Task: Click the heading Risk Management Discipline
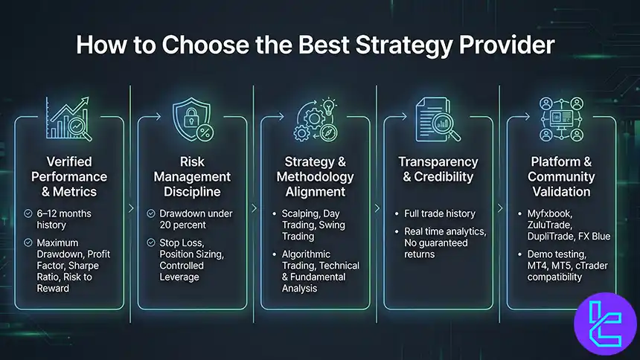(191, 177)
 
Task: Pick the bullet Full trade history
(441, 213)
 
